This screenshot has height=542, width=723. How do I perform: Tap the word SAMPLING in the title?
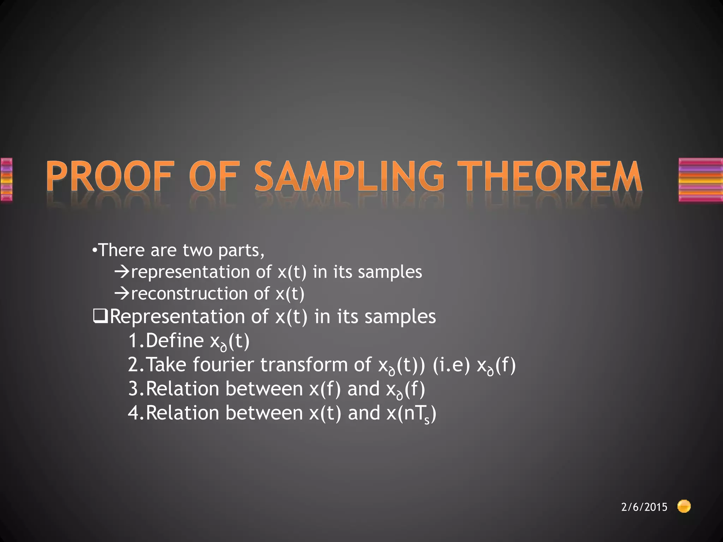[349, 176]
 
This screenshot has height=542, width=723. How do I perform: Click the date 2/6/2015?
[644, 507]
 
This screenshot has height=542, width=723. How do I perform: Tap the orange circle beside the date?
[684, 506]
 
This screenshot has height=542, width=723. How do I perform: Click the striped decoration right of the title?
[700, 180]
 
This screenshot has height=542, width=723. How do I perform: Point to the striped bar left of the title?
[6, 180]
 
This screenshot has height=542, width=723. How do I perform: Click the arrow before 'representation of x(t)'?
[122, 272]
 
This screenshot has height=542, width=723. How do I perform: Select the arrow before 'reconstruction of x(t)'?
[122, 294]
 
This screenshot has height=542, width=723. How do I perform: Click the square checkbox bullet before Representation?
[100, 317]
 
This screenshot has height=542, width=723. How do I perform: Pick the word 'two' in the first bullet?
[197, 250]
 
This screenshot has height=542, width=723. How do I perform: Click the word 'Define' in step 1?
[174, 341]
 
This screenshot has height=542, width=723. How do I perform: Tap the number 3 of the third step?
[134, 389]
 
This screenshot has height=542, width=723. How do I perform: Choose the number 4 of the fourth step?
[134, 412]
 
